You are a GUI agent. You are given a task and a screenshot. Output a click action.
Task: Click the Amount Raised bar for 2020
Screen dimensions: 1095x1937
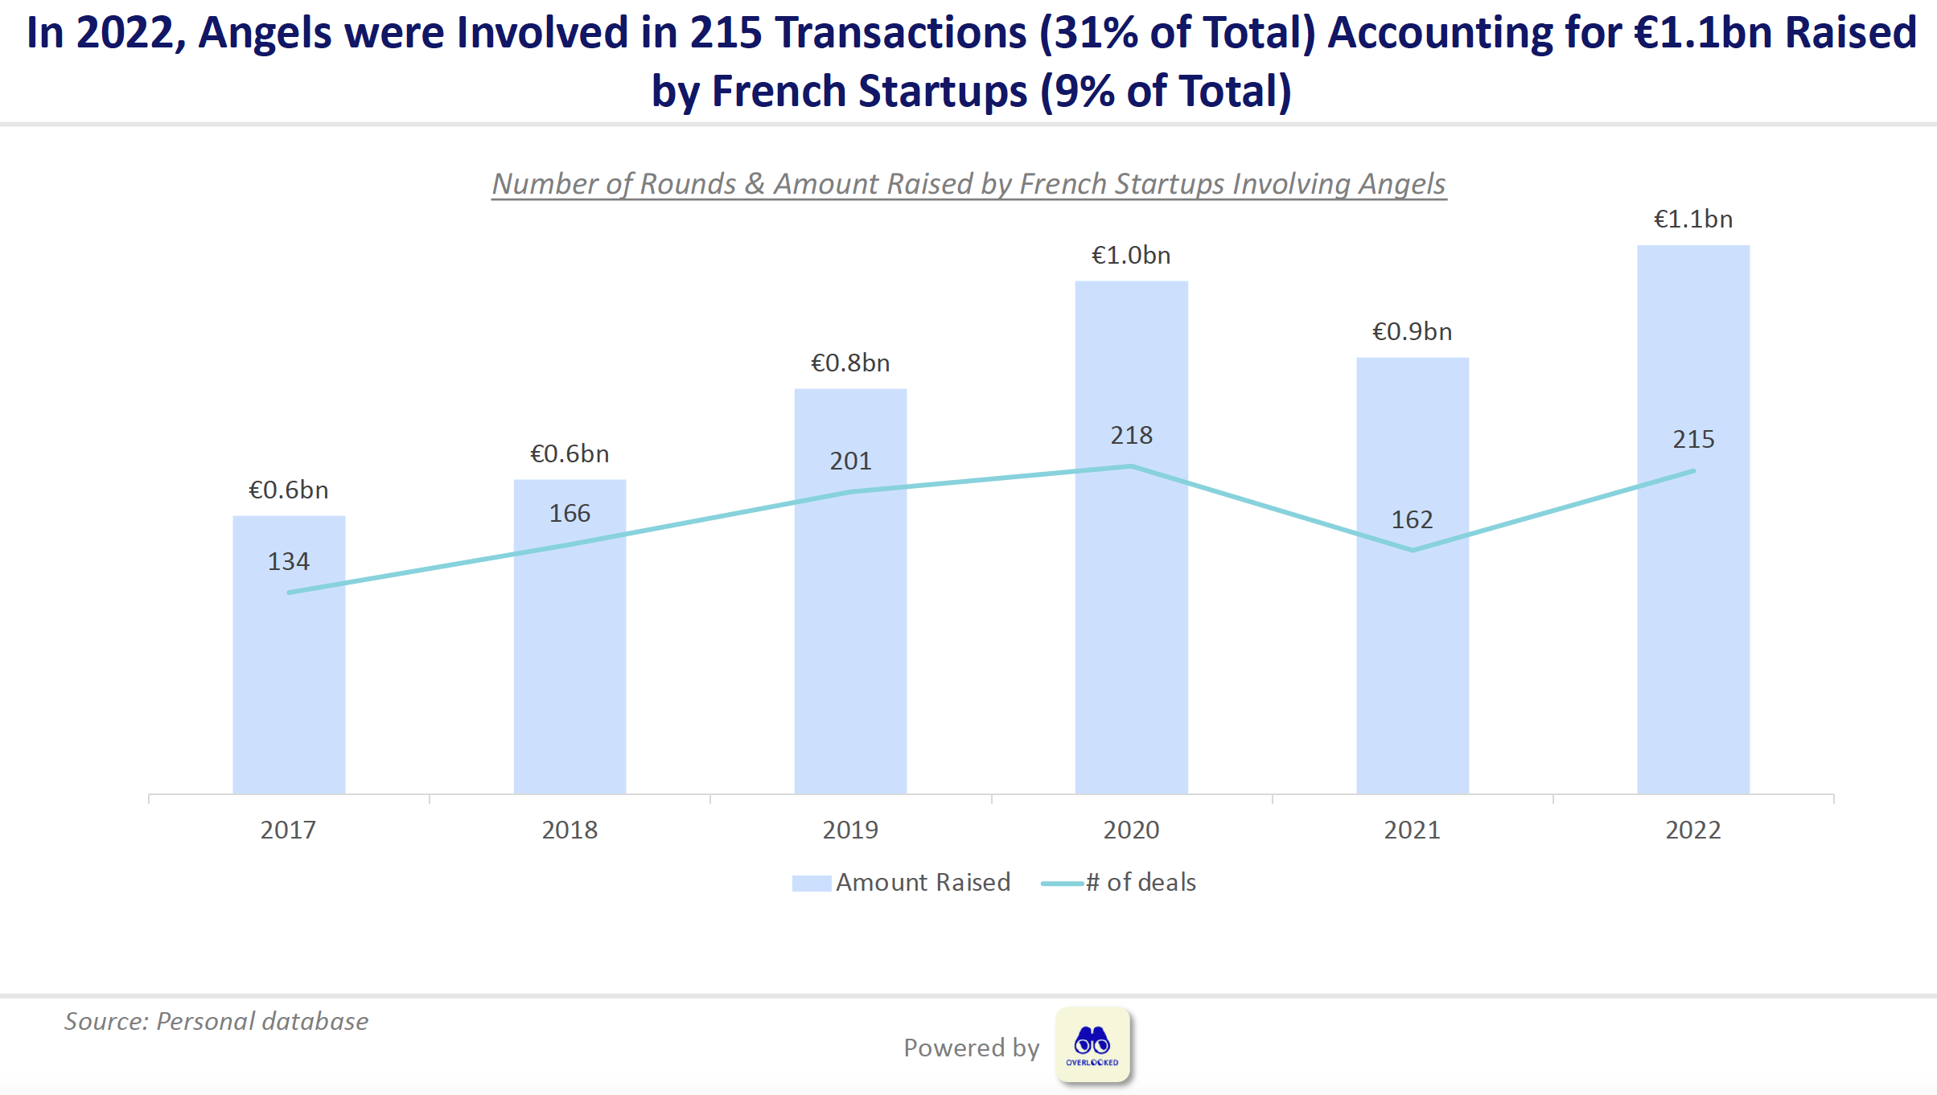(x=1131, y=627)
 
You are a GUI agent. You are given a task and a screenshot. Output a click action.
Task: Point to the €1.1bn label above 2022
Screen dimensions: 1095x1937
(x=1693, y=219)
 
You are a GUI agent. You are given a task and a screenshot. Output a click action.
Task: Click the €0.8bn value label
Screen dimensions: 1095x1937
(x=850, y=363)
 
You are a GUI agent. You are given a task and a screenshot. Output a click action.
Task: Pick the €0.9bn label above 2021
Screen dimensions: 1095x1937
(x=1412, y=332)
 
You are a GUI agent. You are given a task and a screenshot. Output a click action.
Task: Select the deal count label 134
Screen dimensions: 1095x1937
(x=289, y=561)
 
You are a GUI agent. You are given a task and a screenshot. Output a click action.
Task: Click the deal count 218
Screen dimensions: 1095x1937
(x=1131, y=436)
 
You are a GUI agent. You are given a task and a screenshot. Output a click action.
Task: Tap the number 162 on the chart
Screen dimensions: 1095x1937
(x=1412, y=520)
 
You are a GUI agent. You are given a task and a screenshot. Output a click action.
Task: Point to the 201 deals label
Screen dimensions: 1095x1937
(x=850, y=461)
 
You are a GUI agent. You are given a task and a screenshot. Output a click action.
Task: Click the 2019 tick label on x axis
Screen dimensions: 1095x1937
(x=850, y=830)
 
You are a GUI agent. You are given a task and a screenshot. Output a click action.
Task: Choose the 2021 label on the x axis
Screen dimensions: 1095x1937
(x=1412, y=830)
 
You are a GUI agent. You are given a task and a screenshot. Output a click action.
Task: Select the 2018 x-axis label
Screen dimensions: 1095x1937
(x=570, y=830)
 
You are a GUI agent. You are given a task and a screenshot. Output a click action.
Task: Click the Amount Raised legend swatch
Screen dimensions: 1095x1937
(x=811, y=884)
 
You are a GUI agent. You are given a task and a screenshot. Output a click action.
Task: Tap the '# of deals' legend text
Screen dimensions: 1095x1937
(x=1141, y=883)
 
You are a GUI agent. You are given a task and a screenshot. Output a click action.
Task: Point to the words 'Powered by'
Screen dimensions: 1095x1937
(x=971, y=1048)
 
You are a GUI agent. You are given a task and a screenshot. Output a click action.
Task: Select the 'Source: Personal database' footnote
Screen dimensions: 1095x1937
(x=216, y=1021)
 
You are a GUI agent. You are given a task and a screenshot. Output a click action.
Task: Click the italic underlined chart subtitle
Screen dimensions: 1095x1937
(x=968, y=184)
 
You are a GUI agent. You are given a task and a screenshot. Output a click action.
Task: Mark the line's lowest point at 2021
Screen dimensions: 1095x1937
(x=1413, y=551)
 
